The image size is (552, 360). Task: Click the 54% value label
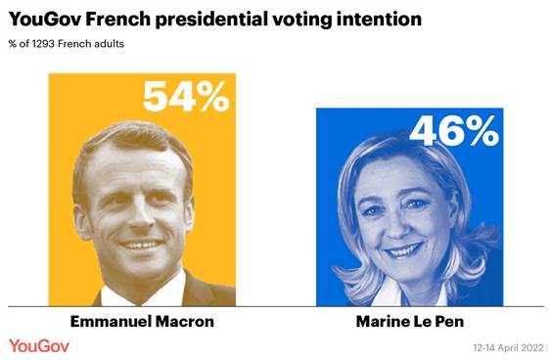pos(185,96)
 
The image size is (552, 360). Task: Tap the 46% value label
pos(454,131)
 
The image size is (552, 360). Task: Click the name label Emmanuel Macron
pos(141,322)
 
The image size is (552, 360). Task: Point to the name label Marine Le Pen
pos(410,322)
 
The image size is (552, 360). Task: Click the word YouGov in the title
pos(44,19)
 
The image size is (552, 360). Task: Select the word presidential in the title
pos(216,19)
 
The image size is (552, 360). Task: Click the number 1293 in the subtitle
pos(45,44)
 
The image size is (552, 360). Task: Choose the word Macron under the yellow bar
pos(183,322)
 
